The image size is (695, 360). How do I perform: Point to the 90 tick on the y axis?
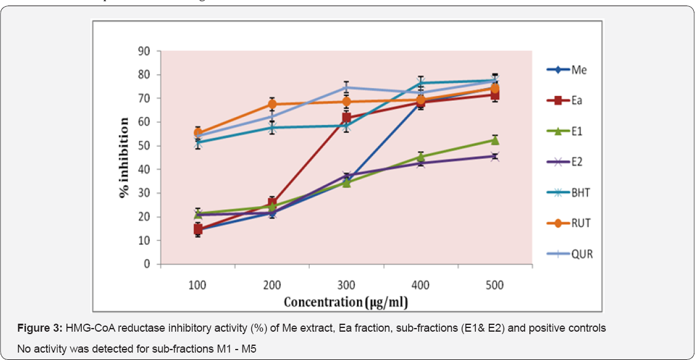[x=143, y=51]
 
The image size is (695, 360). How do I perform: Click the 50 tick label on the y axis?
[x=143, y=146]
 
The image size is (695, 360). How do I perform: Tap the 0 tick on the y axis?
[x=147, y=264]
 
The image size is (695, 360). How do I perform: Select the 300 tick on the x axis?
[x=346, y=286]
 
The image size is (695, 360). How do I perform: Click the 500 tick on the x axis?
[x=494, y=286]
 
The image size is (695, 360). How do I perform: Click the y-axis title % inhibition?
[x=124, y=158]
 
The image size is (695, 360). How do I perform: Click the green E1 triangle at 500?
[x=495, y=140]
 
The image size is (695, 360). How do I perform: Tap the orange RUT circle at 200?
[x=272, y=104]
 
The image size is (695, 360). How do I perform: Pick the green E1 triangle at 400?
[x=421, y=157]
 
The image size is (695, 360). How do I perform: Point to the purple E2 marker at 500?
[x=495, y=156]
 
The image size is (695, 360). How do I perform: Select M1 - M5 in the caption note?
[x=235, y=350]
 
